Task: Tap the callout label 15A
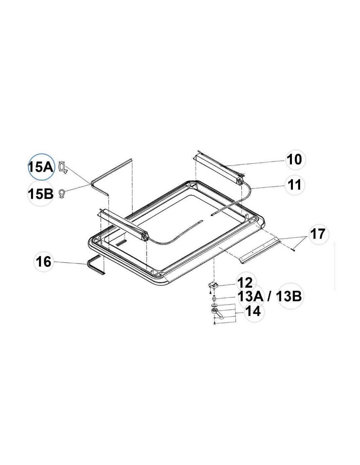[x=41, y=167]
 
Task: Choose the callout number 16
[x=44, y=262]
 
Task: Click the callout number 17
[x=318, y=234]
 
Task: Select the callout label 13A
[x=251, y=297]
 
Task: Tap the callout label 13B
[x=289, y=297]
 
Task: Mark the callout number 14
[x=253, y=311]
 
